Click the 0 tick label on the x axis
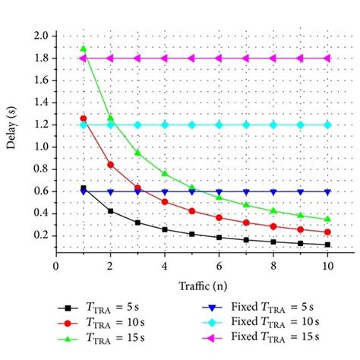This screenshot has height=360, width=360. click(x=56, y=267)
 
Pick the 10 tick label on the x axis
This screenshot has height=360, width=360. click(x=328, y=267)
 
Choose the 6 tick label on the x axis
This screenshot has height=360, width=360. click(x=219, y=267)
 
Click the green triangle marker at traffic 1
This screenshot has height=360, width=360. click(x=84, y=49)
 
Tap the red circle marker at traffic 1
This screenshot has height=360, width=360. click(x=84, y=118)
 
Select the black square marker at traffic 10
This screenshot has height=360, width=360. click(x=328, y=245)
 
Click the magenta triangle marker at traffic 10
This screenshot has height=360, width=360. click(x=328, y=58)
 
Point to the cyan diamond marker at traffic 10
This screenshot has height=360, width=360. click(x=328, y=125)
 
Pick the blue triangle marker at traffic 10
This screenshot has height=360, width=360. click(x=328, y=191)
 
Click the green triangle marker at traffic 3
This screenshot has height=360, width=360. click(x=137, y=153)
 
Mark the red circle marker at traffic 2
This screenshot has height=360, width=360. click(x=111, y=164)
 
